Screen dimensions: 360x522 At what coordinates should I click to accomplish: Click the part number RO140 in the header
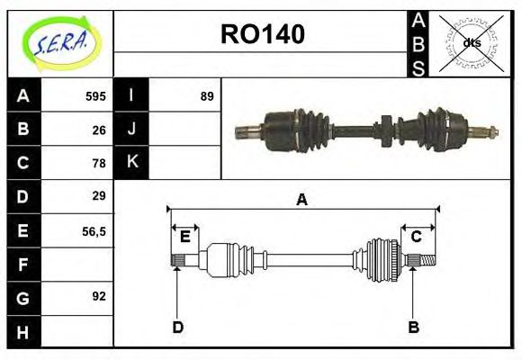[262, 34]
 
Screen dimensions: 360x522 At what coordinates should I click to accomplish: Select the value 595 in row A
[95, 95]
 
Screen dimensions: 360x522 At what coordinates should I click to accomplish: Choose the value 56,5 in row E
[94, 230]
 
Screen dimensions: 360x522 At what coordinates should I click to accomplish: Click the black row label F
[22, 265]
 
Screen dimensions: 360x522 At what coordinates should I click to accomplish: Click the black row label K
[131, 162]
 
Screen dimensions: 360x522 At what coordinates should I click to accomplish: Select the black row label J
[131, 129]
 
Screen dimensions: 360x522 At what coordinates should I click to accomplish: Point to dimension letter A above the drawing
[301, 200]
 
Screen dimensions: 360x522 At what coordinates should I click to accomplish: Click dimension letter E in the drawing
[184, 237]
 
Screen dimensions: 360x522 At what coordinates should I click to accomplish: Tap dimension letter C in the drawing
[416, 237]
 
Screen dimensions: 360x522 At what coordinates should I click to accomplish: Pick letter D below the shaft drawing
[177, 328]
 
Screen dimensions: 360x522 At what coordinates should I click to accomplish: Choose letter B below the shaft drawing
[413, 328]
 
